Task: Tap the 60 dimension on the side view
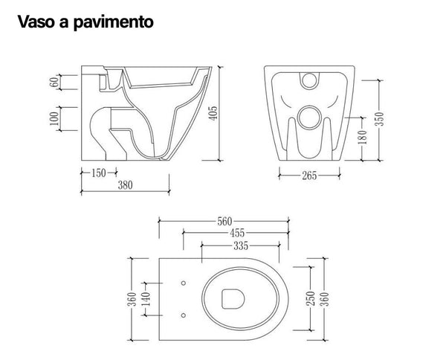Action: pos(54,81)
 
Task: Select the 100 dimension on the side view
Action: pos(54,118)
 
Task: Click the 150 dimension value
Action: pos(99,174)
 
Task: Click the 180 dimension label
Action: pos(362,138)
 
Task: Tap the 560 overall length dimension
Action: pos(225,220)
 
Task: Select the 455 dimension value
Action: pos(237,233)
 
